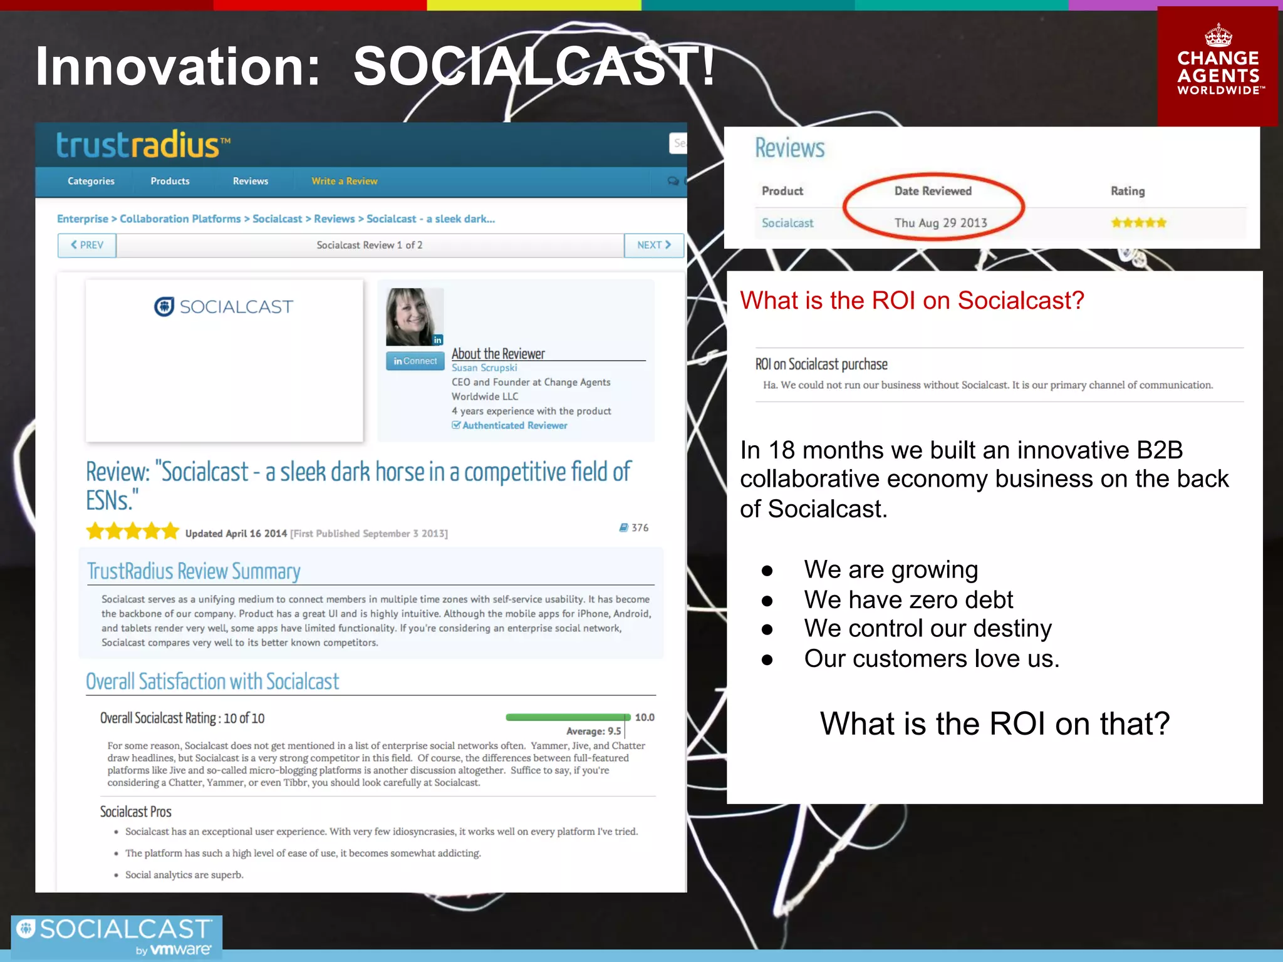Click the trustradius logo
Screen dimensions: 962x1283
tap(143, 145)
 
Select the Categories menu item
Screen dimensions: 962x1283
tap(91, 181)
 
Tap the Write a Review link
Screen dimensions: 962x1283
tap(344, 181)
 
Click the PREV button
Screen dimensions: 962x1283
tap(87, 245)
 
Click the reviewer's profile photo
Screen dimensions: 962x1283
tap(414, 316)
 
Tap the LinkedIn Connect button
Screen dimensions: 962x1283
tap(415, 361)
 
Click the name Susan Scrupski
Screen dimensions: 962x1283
tap(484, 368)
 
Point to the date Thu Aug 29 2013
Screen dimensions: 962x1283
tap(940, 223)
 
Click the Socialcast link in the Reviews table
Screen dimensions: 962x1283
tap(787, 223)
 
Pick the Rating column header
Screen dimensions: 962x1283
tap(1127, 191)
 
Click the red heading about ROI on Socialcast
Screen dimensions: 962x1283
tap(912, 301)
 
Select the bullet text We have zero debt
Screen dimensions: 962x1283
tap(908, 599)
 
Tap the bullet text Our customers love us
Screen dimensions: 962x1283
tap(931, 658)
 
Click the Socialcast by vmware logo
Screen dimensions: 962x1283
tap(117, 936)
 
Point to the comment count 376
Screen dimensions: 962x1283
tap(634, 528)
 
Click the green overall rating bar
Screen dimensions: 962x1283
tap(568, 717)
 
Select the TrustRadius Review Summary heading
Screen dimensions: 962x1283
tap(194, 571)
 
